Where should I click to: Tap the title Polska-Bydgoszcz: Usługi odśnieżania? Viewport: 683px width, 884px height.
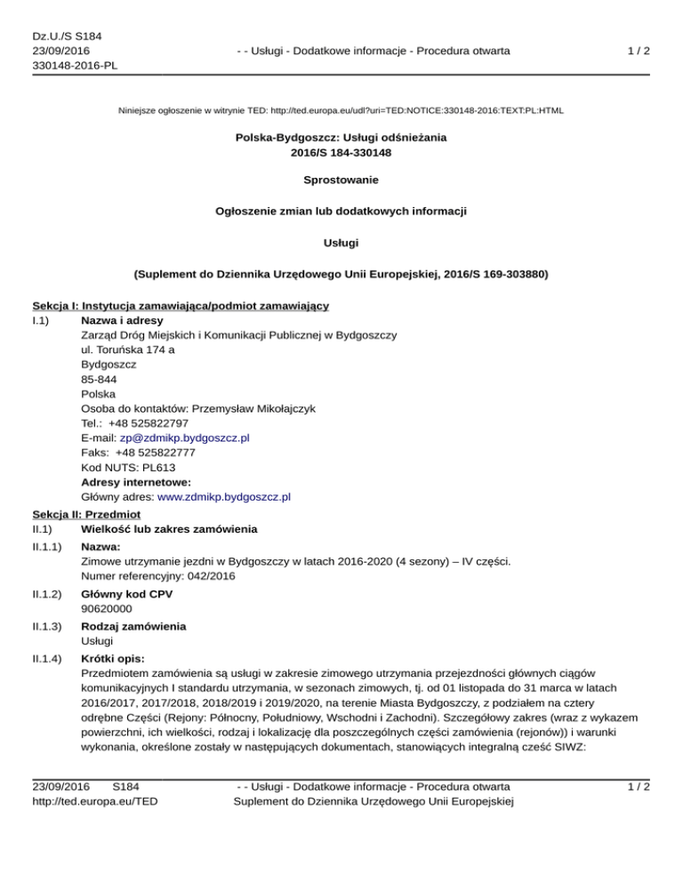pos(341,138)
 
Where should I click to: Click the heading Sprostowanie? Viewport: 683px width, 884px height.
pos(341,180)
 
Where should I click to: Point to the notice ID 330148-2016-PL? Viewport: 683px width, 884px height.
pos(75,66)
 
